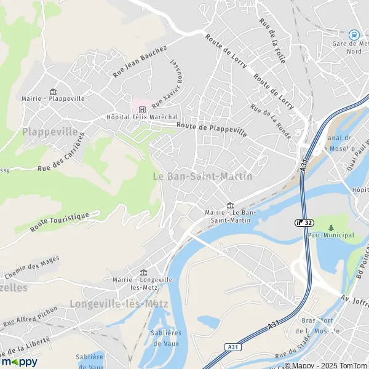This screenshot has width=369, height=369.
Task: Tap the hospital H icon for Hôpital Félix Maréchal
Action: point(142,109)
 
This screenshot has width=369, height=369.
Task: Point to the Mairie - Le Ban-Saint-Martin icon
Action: point(230,205)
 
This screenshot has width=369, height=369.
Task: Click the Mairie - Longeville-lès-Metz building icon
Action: point(144,272)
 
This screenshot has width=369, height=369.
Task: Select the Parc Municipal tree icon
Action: point(331,227)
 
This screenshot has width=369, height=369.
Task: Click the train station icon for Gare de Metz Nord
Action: point(354,35)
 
